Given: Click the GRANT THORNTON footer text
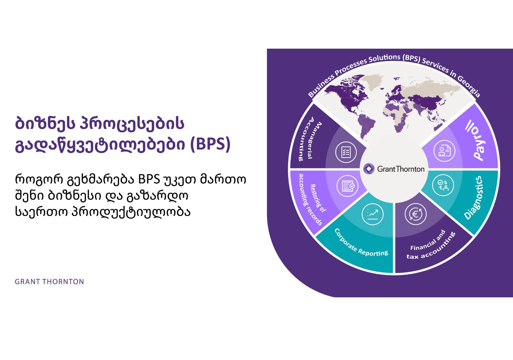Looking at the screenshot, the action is click(49, 282).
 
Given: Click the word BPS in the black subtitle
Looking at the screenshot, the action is click(149, 179).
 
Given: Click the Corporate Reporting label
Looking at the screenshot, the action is click(361, 243).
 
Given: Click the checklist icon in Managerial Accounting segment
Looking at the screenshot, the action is click(346, 152).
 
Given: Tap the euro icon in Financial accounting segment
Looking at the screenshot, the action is click(415, 214).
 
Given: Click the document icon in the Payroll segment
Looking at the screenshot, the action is click(444, 151).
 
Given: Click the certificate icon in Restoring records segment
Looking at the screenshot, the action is click(347, 186).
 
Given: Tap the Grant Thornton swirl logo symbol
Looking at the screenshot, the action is click(369, 169).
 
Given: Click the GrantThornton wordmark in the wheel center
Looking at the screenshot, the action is click(401, 169).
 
